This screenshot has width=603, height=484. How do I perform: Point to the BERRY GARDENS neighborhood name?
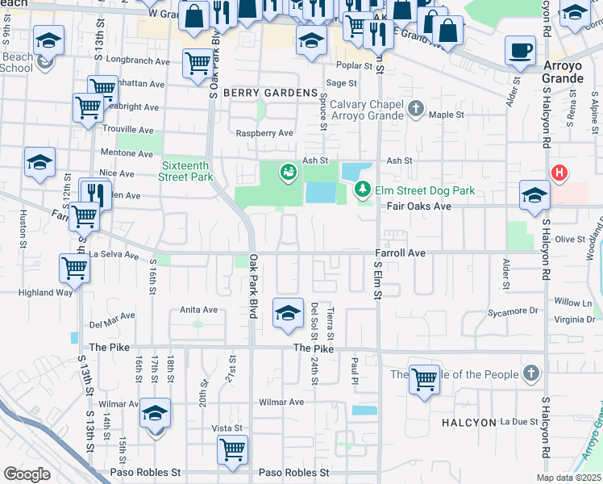click(x=270, y=94)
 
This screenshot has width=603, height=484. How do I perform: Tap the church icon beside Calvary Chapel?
click(x=416, y=108)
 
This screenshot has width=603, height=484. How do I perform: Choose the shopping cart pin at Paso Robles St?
click(x=232, y=449)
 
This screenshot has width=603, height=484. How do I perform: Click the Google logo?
click(x=27, y=474)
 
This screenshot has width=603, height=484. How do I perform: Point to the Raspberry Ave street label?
click(x=263, y=133)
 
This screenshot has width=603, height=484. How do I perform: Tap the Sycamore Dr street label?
click(x=510, y=311)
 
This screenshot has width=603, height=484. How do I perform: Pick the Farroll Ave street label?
click(x=400, y=253)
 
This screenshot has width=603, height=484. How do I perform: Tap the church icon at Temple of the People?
click(x=530, y=373)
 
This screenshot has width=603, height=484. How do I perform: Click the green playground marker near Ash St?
click(x=287, y=171)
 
